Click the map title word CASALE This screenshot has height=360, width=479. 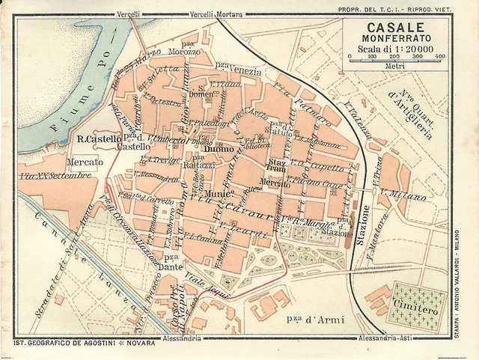pos(395,26)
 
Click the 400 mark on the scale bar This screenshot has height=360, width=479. pos(439,57)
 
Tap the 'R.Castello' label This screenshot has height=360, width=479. pos(99,139)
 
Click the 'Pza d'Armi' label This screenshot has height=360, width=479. pos(315,320)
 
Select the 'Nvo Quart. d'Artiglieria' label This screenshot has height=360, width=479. pos(411,112)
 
